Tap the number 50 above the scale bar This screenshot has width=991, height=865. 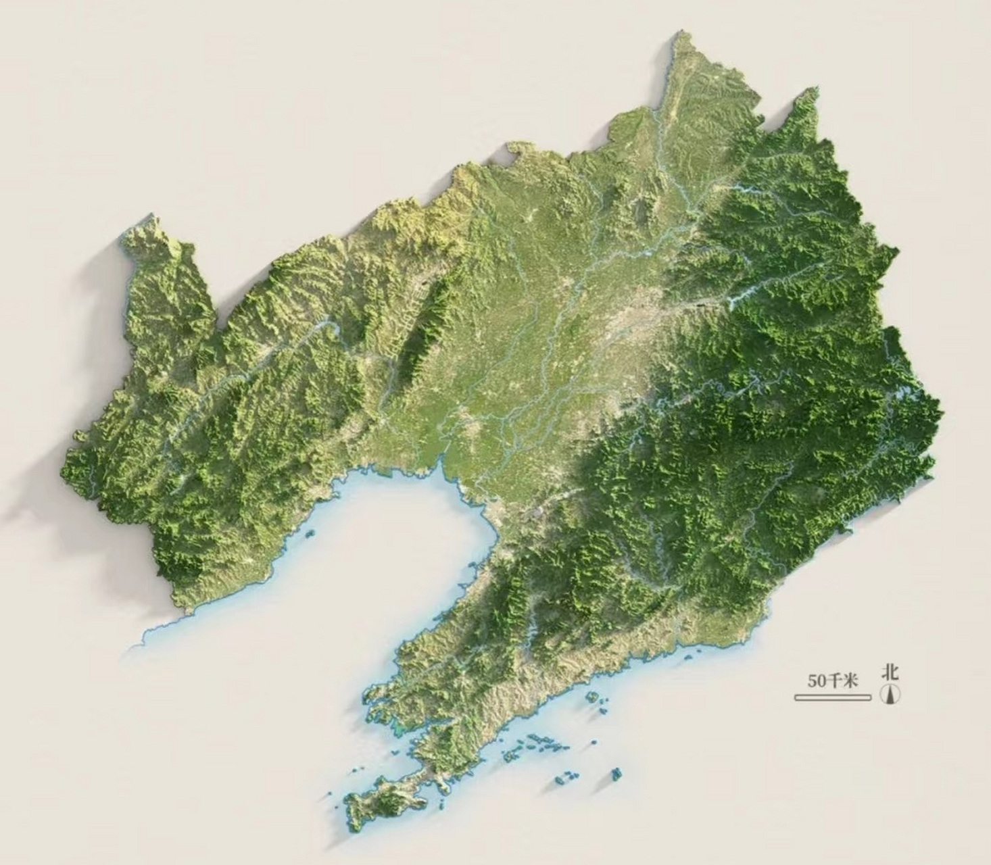[x=815, y=681]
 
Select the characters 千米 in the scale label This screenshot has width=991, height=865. [x=841, y=681]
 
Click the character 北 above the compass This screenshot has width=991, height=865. [x=890, y=672]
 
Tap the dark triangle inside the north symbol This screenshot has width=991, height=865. [x=891, y=693]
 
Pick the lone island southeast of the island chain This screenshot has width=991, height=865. [x=615, y=774]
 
